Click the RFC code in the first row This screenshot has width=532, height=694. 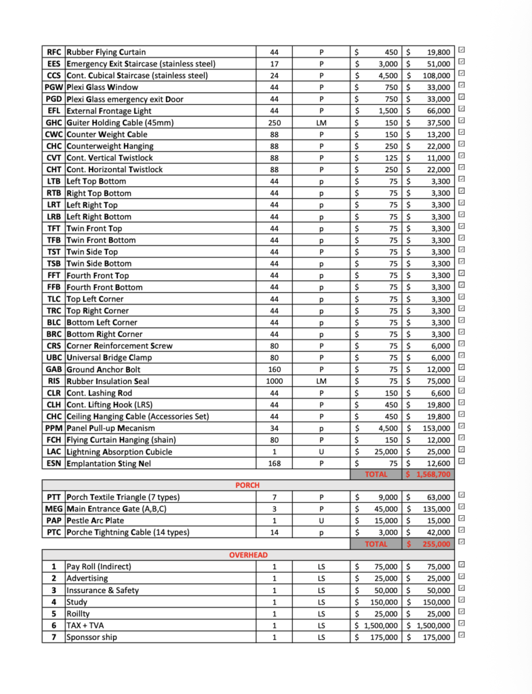click(x=54, y=52)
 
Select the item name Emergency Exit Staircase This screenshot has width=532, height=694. click(x=141, y=64)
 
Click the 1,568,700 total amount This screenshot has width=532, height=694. click(x=429, y=474)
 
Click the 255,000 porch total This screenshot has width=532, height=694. click(x=429, y=544)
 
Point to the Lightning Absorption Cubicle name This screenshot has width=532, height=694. click(x=119, y=451)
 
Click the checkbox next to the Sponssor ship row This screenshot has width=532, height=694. click(x=462, y=636)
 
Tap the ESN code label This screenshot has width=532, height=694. click(x=54, y=464)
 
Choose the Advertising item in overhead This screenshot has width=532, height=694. click(x=87, y=578)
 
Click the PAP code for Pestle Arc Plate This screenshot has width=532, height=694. click(x=54, y=520)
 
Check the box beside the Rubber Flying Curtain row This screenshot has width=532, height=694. click(x=462, y=50)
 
